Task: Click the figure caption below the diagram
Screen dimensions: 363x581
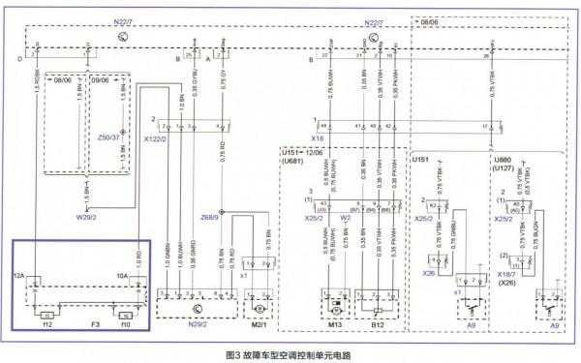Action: point(290,353)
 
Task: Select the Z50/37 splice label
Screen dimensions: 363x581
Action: point(109,136)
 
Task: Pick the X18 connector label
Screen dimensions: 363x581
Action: point(317,139)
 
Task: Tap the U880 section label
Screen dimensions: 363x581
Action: point(503,158)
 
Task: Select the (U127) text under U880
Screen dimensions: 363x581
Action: point(503,166)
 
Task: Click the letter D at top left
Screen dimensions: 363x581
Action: point(18,59)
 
